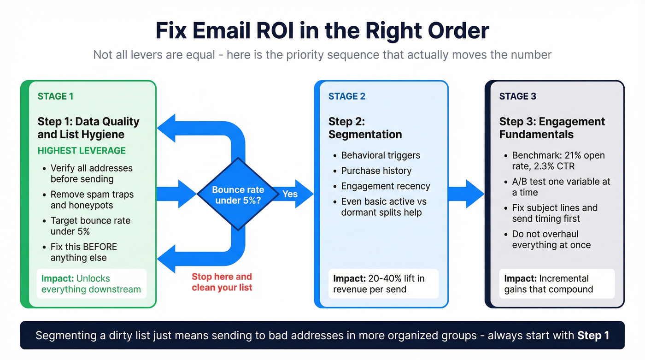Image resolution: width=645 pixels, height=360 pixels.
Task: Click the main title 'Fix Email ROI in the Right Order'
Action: coord(322,31)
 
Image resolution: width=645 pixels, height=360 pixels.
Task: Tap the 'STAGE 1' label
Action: coord(55,96)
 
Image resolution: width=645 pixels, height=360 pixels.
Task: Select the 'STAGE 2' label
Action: coord(346,96)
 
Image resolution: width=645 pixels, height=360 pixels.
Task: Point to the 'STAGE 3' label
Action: coord(517,96)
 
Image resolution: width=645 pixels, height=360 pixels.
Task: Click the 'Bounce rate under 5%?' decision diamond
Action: coord(238,194)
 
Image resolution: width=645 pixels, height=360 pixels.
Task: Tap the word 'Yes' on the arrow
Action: coord(290,194)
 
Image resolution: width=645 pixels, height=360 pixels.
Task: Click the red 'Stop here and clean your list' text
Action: coord(222,282)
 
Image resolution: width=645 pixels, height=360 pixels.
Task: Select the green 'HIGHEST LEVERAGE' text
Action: coord(82,151)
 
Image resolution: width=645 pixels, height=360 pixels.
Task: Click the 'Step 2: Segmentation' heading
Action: coord(365,128)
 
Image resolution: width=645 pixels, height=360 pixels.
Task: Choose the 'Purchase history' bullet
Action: coord(376,171)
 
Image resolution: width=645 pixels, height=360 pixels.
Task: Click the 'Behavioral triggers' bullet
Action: coord(381,155)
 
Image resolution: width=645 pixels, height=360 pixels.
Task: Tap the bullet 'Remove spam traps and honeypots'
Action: coord(92,200)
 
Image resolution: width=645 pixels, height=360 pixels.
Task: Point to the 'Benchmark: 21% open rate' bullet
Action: coord(558,161)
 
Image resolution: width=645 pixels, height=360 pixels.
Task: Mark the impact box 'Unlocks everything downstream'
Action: coord(91,283)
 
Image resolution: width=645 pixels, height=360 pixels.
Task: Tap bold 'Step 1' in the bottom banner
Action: coord(593,335)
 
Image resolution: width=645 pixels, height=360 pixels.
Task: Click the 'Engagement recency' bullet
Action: coord(385,186)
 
